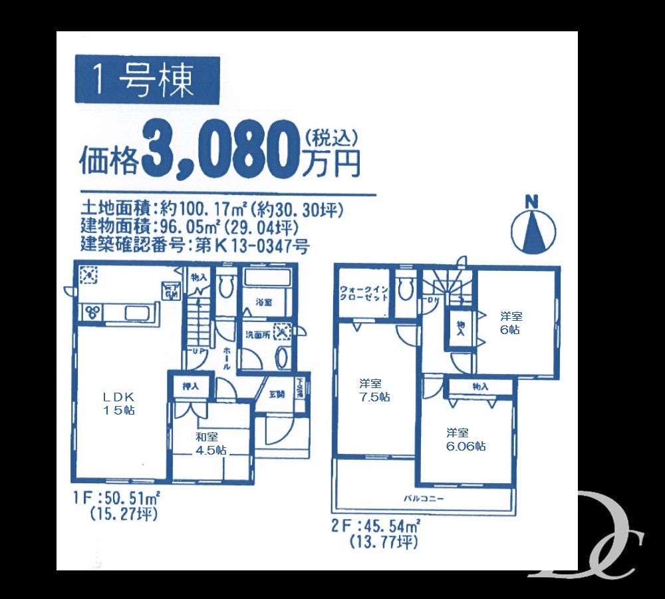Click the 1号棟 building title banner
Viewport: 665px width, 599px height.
click(x=146, y=81)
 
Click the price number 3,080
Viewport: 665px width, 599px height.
click(x=219, y=152)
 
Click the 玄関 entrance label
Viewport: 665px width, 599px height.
click(x=276, y=393)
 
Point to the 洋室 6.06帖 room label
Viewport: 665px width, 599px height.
click(x=465, y=439)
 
